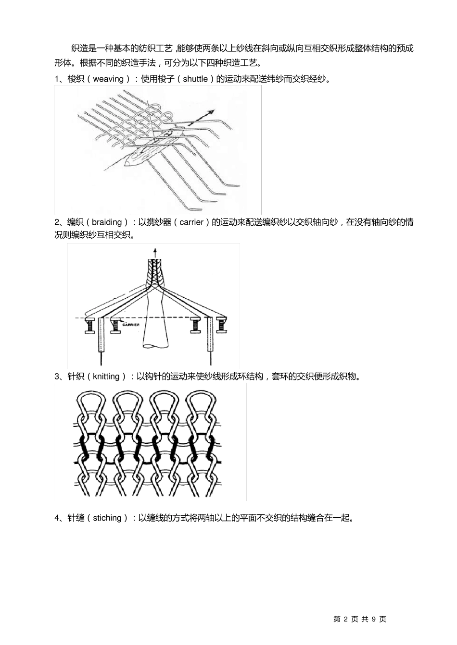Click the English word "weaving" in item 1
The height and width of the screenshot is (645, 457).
tap(108, 79)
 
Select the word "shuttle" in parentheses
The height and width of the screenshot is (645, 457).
tap(195, 79)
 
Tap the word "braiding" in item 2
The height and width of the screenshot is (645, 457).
tap(107, 222)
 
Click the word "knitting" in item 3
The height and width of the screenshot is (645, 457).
tap(106, 377)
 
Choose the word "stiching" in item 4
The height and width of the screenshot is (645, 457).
tap(107, 518)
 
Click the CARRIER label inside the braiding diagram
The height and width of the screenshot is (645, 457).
tap(130, 325)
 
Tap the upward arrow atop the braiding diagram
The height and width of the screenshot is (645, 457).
tap(154, 252)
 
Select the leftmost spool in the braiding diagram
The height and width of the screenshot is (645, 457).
tap(90, 326)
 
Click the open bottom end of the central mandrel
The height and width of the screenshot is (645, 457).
tap(154, 345)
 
